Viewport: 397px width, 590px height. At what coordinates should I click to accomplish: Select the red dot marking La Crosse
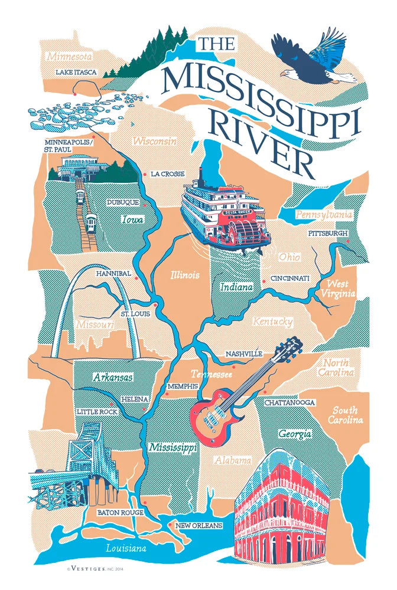(145, 174)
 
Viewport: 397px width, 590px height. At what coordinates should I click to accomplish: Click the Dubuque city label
(122, 202)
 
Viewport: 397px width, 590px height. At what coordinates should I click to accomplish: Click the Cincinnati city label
(290, 278)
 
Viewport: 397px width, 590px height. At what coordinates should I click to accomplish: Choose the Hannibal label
(113, 274)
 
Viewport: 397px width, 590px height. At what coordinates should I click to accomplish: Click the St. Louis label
(135, 314)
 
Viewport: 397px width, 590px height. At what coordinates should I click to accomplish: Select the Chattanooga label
(290, 402)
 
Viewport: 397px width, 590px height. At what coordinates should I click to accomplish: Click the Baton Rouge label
(121, 513)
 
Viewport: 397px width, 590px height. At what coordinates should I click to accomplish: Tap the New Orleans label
(198, 526)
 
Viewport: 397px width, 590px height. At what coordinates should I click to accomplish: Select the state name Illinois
(185, 275)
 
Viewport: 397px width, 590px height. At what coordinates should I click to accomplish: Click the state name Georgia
(295, 434)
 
